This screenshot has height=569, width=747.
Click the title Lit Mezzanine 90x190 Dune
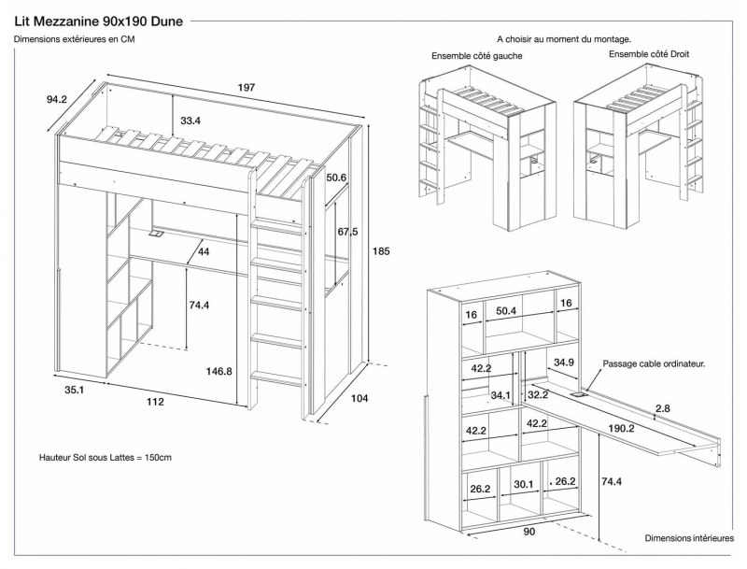[x=99, y=18]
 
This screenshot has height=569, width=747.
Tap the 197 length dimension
[x=246, y=87]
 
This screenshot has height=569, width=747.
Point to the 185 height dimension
[x=379, y=250]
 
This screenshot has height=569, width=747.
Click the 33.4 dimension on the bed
[x=191, y=120]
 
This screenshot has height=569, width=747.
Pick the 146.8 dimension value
[x=218, y=371]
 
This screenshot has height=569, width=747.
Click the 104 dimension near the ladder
[x=359, y=398]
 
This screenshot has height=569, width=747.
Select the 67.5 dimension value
[x=347, y=232]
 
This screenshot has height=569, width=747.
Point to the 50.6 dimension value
[x=337, y=178]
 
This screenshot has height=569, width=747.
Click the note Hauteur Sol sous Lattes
[x=106, y=458]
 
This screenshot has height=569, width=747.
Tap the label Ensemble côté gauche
[x=476, y=56]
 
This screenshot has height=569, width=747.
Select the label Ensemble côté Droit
[x=649, y=54]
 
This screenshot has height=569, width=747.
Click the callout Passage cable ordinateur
[x=654, y=363]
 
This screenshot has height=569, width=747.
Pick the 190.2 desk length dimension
[x=619, y=429]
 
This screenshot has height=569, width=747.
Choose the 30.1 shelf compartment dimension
[x=523, y=485]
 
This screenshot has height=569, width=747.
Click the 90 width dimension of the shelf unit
[x=529, y=533]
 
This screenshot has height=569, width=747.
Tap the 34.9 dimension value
[x=564, y=362]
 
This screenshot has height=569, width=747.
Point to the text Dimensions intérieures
[x=689, y=538]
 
